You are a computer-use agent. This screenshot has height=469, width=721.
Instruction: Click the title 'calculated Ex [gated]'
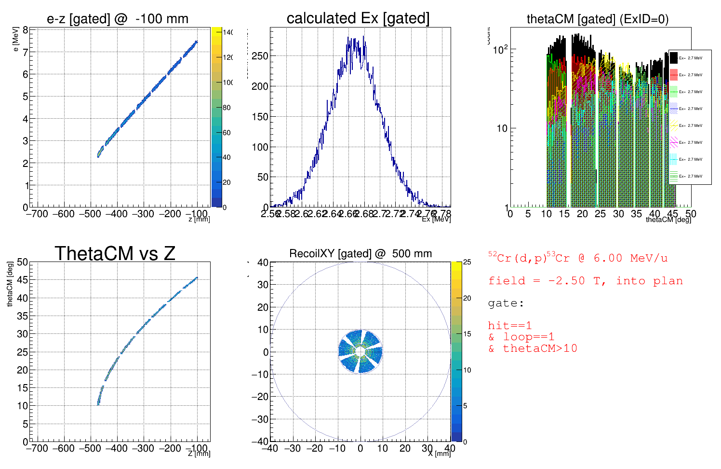pos(358,18)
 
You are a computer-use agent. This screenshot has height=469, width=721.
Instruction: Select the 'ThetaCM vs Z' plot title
pos(115,253)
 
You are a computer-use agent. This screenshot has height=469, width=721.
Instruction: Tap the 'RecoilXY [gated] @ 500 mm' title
pos(360,253)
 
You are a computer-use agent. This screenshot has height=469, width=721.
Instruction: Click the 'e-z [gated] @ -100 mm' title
pos(118,19)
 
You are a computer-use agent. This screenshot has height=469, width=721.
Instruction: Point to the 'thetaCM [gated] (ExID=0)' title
pos(598,19)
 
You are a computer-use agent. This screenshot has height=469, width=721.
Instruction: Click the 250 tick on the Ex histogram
pos(260,56)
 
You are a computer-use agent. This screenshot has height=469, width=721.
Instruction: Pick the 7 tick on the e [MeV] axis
pos(26,52)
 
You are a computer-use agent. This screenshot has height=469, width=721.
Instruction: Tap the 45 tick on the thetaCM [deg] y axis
pos(23,280)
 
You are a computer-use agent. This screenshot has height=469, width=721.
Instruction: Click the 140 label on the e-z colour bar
pos(228,32)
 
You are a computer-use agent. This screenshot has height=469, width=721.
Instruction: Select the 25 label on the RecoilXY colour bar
pos(467,262)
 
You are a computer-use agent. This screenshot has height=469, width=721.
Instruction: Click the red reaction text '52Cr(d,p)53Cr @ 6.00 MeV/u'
pos(578,258)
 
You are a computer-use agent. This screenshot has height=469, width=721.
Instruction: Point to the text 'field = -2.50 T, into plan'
pos(585,281)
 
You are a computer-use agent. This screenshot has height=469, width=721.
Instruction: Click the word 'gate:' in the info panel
pos(506,303)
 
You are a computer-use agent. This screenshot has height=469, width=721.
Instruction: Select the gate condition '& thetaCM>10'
pos(533,348)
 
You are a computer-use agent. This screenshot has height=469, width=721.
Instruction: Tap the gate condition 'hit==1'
pos(510,325)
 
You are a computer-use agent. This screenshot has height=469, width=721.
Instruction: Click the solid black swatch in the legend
pos(674,58)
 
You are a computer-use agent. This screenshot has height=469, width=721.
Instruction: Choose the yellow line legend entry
pos(674,125)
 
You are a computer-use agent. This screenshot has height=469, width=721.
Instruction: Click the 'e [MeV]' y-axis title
pos(16,39)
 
